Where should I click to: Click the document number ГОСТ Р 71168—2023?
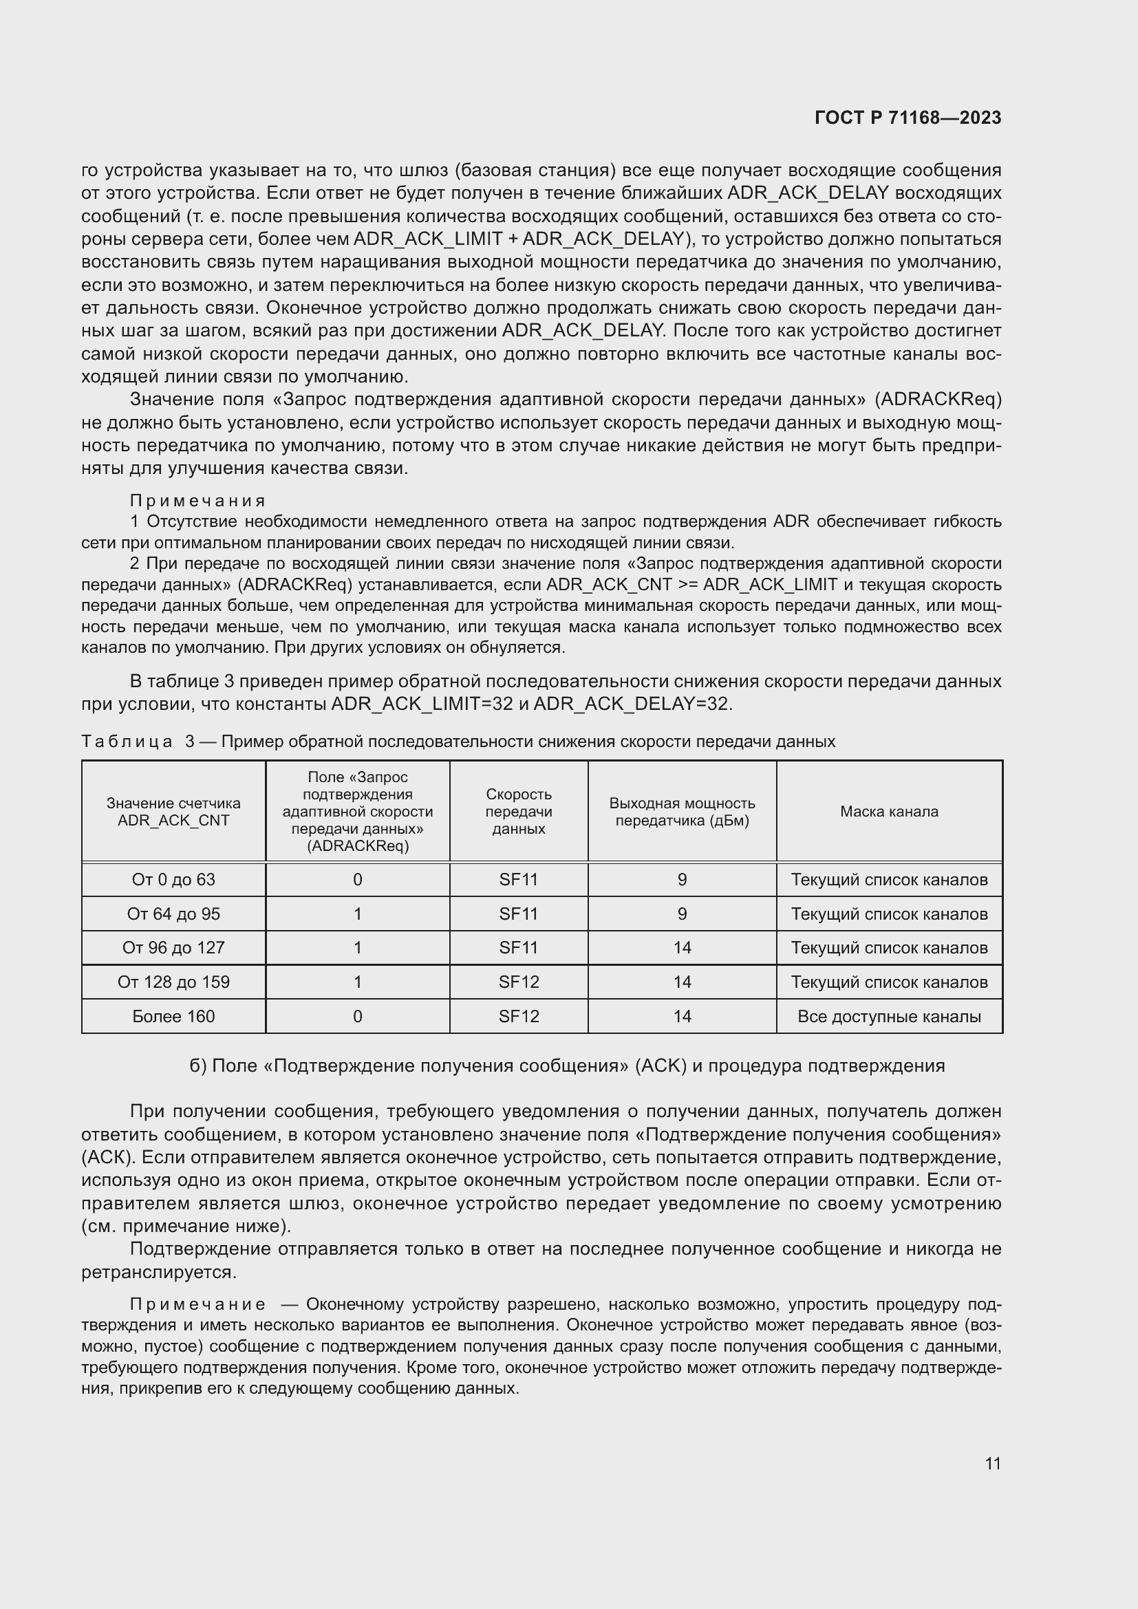click(x=908, y=118)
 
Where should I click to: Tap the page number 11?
click(x=992, y=1463)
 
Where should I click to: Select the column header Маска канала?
click(x=888, y=812)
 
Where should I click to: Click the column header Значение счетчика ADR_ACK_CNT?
click(x=173, y=812)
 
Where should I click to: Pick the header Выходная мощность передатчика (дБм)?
click(x=682, y=812)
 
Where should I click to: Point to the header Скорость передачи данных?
click(x=519, y=812)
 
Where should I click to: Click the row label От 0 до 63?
click(x=173, y=880)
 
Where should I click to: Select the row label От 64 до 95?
click(x=173, y=914)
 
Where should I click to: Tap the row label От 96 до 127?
click(x=173, y=947)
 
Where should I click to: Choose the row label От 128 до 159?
click(x=173, y=982)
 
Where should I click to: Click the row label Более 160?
click(x=173, y=1016)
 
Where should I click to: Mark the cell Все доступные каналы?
click(x=888, y=1016)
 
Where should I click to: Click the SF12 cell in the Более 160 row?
click(x=519, y=1016)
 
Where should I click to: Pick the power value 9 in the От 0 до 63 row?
click(x=682, y=880)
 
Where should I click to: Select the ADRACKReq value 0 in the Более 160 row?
click(x=357, y=1016)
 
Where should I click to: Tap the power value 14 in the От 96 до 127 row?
click(x=682, y=947)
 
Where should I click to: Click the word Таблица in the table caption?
click(x=127, y=742)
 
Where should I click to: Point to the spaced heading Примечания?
click(x=197, y=500)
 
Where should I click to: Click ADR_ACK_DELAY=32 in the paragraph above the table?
click(x=632, y=704)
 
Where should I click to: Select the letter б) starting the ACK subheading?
click(x=197, y=1066)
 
